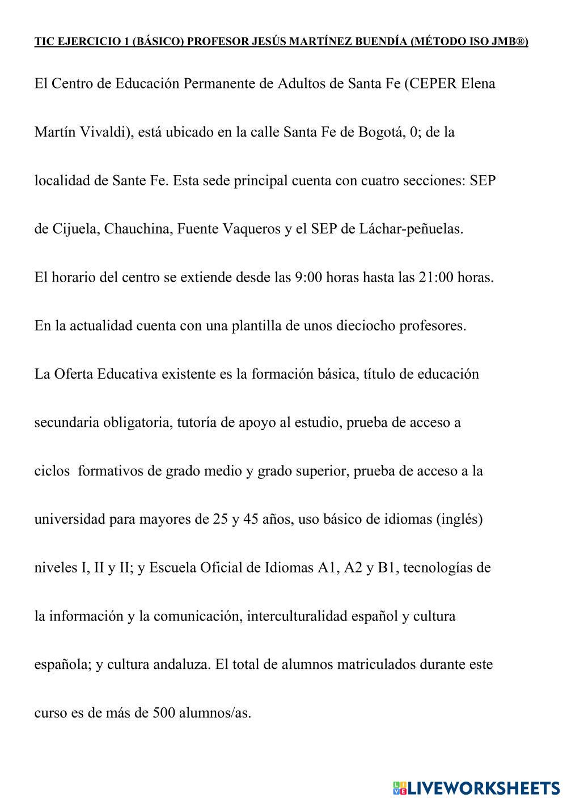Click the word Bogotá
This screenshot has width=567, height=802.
pos(379,133)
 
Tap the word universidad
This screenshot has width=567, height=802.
pos(70,519)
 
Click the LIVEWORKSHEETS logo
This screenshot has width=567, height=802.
pos(476,787)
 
